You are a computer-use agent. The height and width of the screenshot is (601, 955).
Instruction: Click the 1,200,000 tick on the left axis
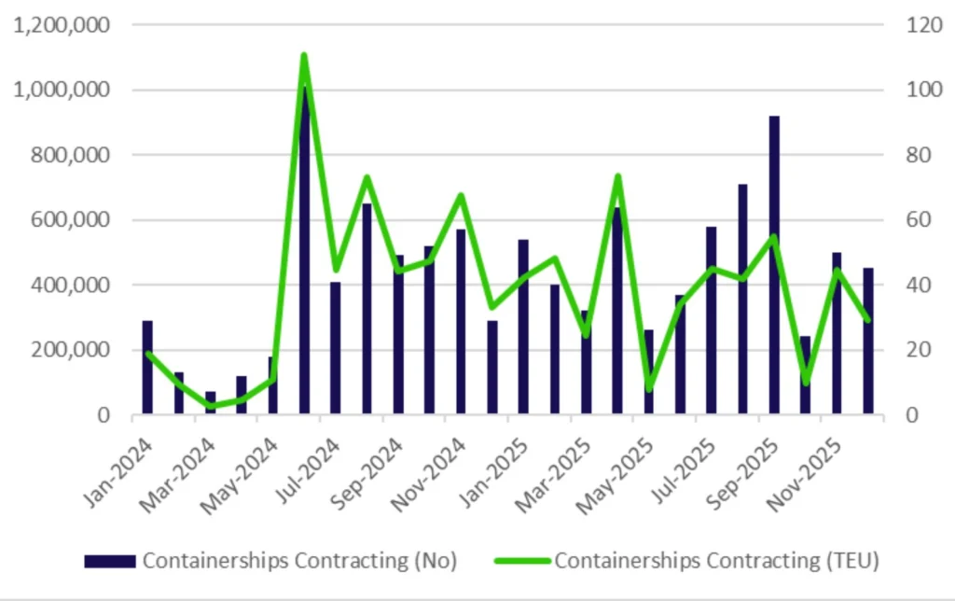[62, 25]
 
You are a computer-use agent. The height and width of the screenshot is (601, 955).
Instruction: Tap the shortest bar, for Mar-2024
[210, 403]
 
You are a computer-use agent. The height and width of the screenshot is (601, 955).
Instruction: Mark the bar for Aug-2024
[367, 309]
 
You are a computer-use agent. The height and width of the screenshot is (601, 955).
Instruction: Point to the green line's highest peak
[304, 57]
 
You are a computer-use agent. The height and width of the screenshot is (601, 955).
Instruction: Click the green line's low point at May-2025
[649, 388]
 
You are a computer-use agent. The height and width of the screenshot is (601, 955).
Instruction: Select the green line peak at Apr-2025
[617, 176]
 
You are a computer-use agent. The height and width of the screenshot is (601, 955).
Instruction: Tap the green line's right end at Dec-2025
[868, 320]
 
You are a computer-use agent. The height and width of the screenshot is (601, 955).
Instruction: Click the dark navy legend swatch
[111, 561]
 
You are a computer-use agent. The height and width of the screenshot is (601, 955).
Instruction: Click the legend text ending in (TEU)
[716, 561]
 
